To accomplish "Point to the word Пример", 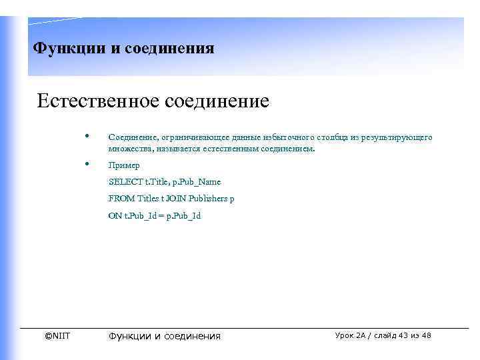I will click(124, 165).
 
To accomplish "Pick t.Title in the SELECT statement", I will click(157, 182).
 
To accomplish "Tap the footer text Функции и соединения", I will click(164, 336).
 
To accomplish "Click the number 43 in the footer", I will click(403, 335).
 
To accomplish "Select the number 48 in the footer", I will click(427, 335).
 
